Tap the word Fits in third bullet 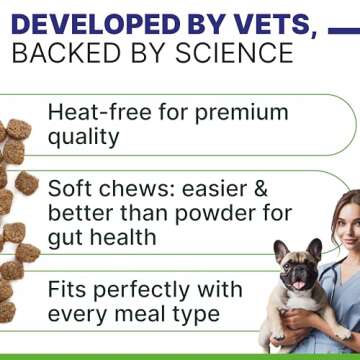pos(70,289)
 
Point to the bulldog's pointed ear pos(279,249)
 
